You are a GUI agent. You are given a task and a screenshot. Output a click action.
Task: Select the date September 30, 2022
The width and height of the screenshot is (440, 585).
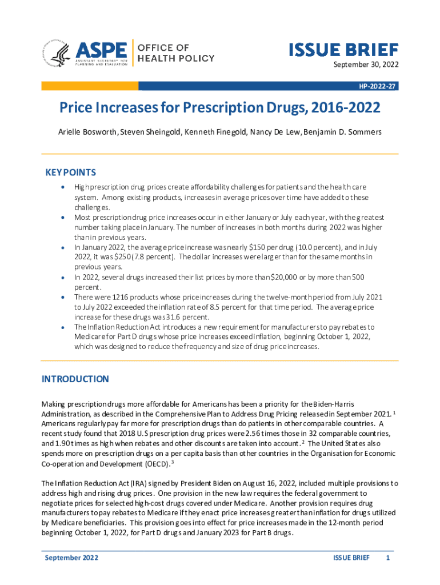366,65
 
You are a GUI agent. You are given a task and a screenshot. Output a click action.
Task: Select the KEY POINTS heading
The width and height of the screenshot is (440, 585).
70,173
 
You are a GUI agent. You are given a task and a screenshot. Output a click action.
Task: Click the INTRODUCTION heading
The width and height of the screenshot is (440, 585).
75,379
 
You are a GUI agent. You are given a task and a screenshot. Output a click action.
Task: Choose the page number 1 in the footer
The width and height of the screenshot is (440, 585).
388,558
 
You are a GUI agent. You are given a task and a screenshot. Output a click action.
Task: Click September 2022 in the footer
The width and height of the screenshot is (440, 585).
71,558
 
